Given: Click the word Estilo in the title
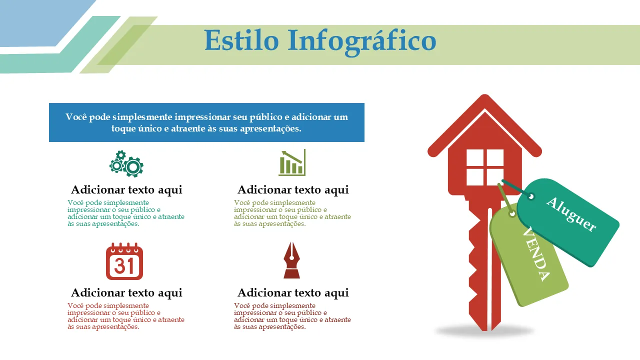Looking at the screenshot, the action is tap(241, 40).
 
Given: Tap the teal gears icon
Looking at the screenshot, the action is tap(126, 163).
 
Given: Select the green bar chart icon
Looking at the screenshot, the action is tap(292, 162).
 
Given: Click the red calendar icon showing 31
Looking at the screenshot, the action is tap(124, 261).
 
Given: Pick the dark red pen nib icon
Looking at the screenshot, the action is tap(291, 260).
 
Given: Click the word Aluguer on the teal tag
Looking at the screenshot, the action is tap(571, 214).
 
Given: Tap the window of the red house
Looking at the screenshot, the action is tap(485, 167).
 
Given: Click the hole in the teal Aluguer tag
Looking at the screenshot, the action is tap(531, 196).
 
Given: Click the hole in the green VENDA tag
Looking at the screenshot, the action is tap(512, 213).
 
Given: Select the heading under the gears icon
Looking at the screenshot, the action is tap(126, 190).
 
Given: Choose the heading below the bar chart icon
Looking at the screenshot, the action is tap(293, 190).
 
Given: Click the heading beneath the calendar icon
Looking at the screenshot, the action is tap(126, 293).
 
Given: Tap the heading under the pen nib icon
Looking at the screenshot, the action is tap(293, 293).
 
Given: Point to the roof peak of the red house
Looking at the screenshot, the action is tap(484, 95).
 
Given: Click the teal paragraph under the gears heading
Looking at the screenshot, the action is tap(126, 213).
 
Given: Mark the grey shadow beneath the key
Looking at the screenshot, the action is tap(484, 331).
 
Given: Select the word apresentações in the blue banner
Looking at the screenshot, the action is tap(270, 129).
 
